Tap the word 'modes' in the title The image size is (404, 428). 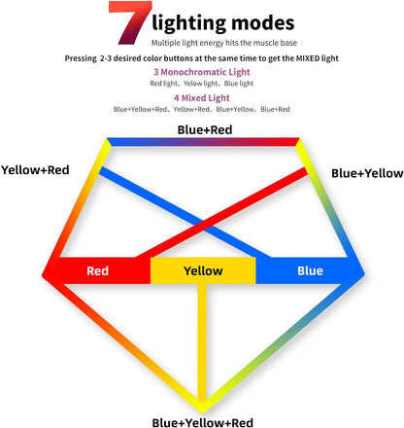(263, 23)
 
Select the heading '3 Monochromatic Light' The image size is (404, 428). (202, 72)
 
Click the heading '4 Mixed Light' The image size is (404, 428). (202, 98)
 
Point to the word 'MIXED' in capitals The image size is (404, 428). (308, 58)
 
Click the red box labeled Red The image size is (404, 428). (97, 270)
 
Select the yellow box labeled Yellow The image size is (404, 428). (203, 270)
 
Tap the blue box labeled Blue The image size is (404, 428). (310, 270)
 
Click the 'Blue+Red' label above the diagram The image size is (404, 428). (205, 129)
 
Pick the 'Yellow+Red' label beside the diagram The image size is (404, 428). (35, 170)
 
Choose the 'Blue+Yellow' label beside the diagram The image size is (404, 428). (367, 173)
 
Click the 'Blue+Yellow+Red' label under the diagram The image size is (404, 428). (203, 422)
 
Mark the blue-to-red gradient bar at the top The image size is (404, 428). (203, 142)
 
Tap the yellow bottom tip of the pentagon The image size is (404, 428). (202, 411)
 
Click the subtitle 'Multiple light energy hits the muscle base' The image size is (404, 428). (224, 43)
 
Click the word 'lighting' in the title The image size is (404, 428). (189, 23)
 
